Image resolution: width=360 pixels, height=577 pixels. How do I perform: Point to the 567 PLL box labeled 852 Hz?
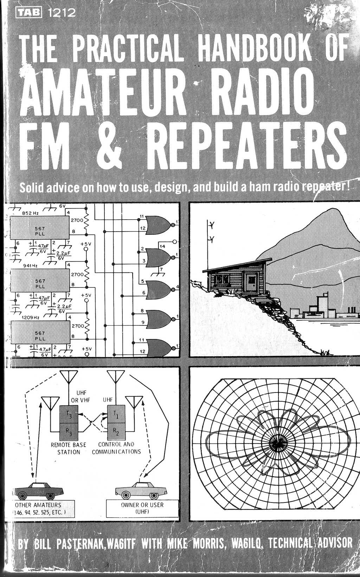coord(40,226)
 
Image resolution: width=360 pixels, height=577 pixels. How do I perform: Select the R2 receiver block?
coord(116,430)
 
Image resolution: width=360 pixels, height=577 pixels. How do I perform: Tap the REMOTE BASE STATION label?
coord(69,448)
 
